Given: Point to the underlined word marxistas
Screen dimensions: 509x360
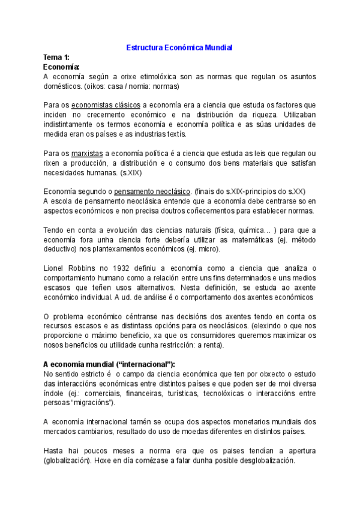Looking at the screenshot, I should coord(87,153).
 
